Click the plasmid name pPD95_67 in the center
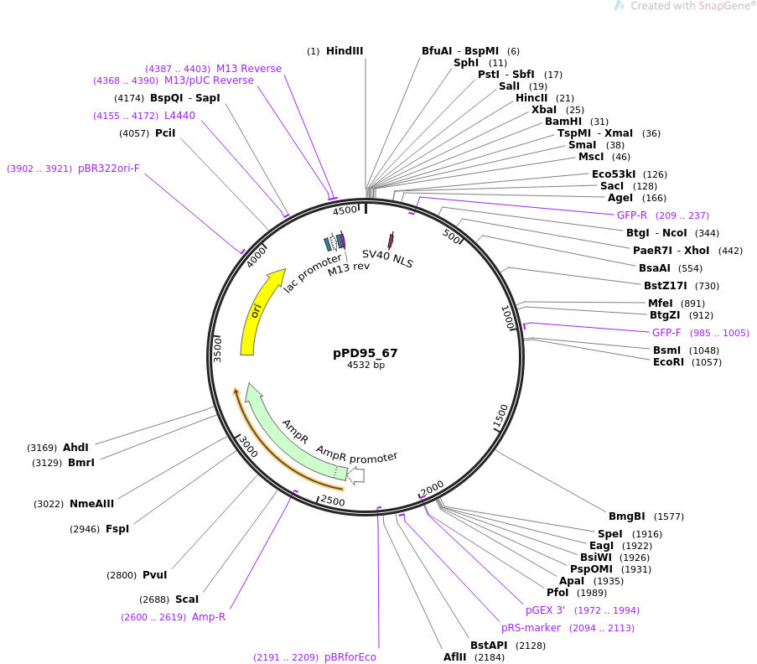pyautogui.click(x=365, y=353)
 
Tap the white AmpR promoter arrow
pyautogui.click(x=355, y=475)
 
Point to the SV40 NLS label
pyautogui.click(x=387, y=258)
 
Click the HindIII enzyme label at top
pyautogui.click(x=345, y=51)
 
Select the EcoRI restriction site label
pyautogui.click(x=668, y=362)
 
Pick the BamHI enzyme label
pyautogui.click(x=563, y=122)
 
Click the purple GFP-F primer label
pyautogui.click(x=666, y=333)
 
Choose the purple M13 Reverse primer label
pyautogui.click(x=249, y=69)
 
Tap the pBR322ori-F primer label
pyautogui.click(x=109, y=169)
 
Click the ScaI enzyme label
pyautogui.click(x=187, y=599)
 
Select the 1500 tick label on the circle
pyautogui.click(x=500, y=415)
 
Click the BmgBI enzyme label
pyautogui.click(x=626, y=516)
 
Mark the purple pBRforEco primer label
pyautogui.click(x=350, y=657)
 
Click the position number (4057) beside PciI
pyautogui.click(x=134, y=133)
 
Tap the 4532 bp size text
pyautogui.click(x=365, y=366)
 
